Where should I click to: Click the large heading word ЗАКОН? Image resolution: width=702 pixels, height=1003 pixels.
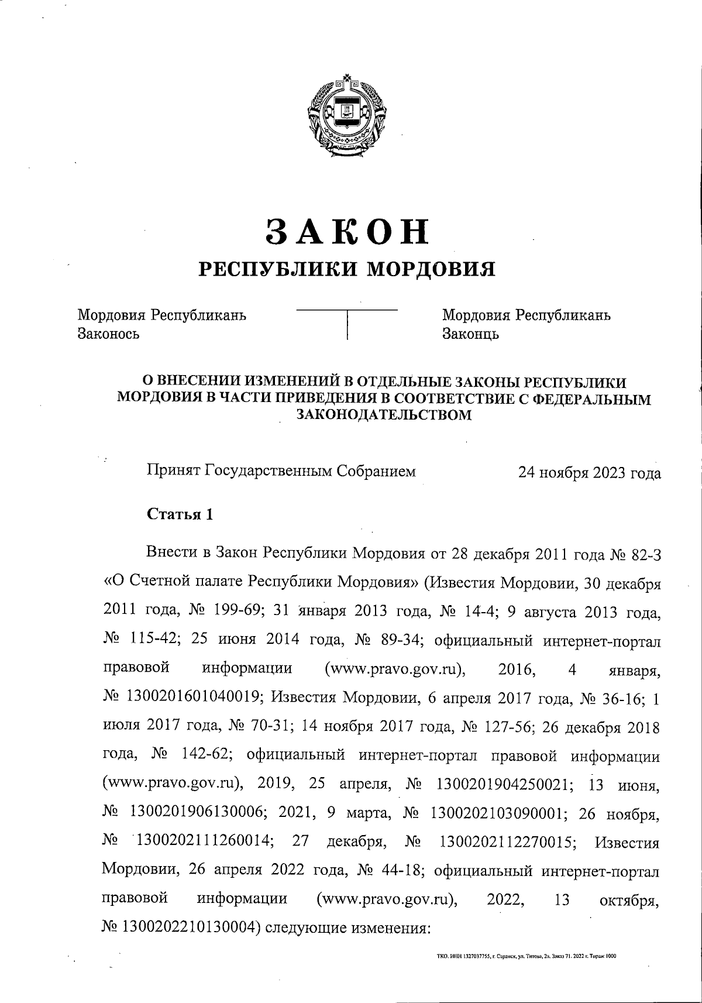(x=347, y=232)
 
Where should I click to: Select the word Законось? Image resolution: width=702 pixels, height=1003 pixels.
(x=109, y=334)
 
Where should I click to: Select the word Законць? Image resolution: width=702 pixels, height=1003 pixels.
(x=470, y=334)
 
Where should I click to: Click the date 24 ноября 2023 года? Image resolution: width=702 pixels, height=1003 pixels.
(x=589, y=473)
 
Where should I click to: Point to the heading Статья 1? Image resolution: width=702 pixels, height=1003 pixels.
(x=180, y=514)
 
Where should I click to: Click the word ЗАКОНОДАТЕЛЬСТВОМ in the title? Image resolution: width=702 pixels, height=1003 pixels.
(x=384, y=415)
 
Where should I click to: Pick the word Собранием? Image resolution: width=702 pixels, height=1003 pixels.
(x=378, y=470)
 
